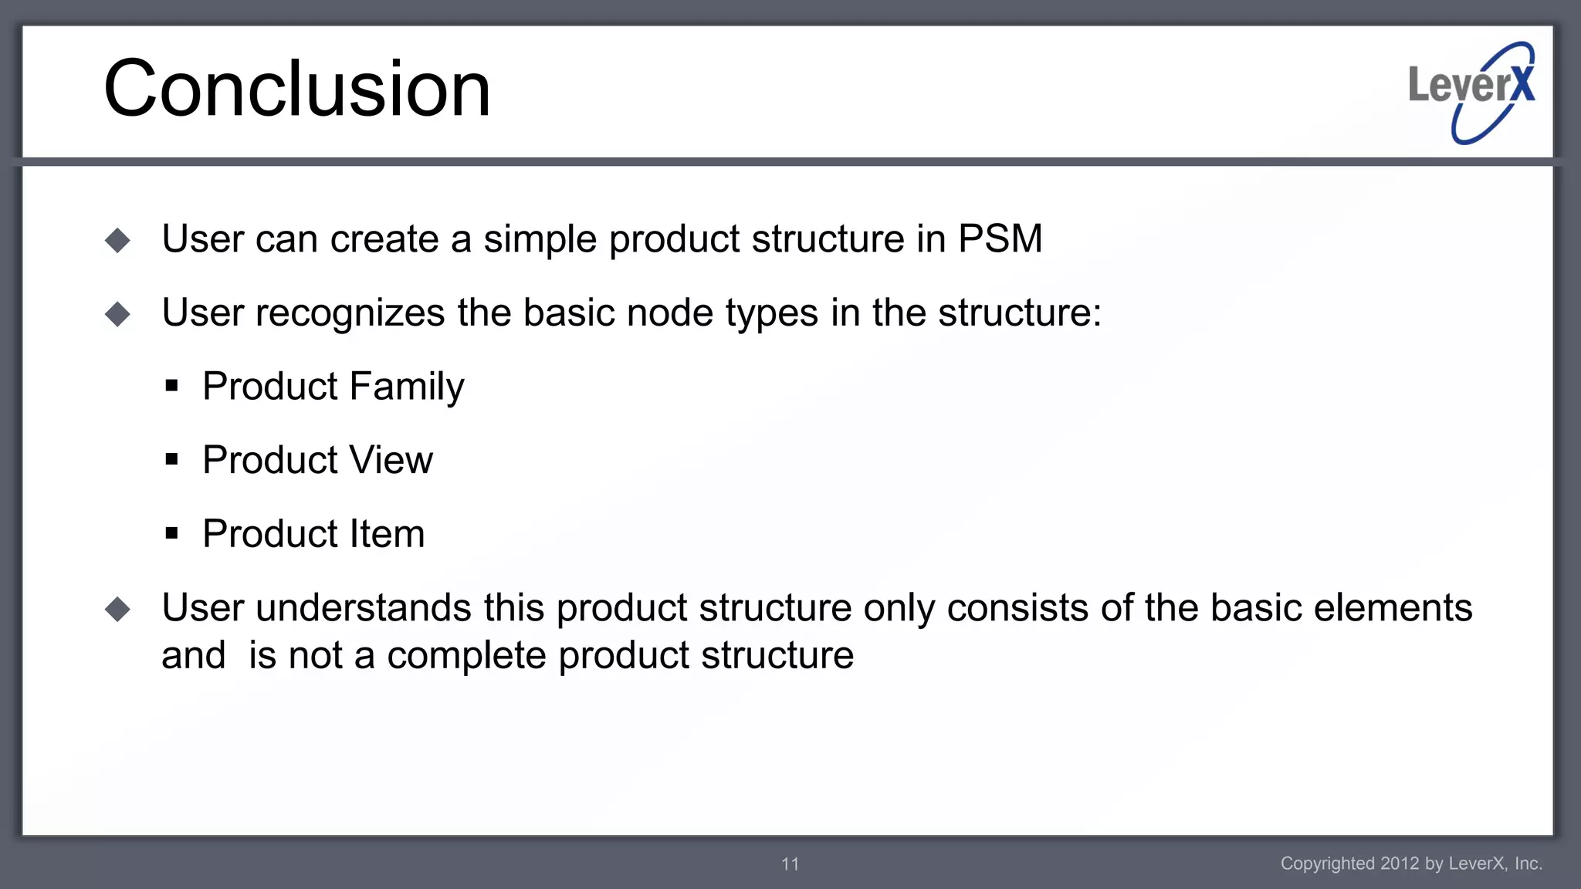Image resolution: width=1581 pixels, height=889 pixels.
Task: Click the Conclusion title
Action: click(297, 89)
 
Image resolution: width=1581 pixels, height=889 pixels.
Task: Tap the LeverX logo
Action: click(1471, 92)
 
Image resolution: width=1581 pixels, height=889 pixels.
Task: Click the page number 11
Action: click(790, 864)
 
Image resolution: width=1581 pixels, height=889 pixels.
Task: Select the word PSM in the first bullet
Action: click(1000, 238)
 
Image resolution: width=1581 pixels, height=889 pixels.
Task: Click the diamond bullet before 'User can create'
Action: click(118, 240)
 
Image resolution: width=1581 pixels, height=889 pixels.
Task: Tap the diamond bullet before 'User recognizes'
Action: click(118, 314)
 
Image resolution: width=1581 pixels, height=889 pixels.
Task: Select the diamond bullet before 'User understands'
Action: click(118, 610)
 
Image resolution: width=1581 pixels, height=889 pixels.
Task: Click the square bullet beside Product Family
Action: click(171, 386)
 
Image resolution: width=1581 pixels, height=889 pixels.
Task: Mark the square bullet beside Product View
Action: click(171, 460)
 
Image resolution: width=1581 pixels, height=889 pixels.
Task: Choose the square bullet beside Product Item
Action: click(171, 533)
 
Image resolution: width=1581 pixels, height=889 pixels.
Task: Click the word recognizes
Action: click(350, 314)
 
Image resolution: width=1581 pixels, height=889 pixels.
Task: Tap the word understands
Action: click(363, 608)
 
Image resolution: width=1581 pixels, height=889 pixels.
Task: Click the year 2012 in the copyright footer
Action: click(1400, 864)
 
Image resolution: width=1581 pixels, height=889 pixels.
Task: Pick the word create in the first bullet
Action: click(384, 239)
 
